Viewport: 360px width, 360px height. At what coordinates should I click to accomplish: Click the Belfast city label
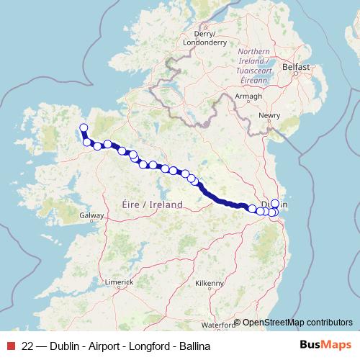295,67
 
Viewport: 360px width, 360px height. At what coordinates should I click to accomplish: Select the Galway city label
93,215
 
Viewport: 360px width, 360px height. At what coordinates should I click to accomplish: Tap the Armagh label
248,95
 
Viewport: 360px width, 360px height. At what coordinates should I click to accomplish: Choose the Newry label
270,115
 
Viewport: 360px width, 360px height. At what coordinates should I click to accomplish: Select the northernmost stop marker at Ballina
83,128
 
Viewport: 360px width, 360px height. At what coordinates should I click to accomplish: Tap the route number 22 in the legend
28,346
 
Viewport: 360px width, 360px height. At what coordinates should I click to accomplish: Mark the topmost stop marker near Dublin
274,204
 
